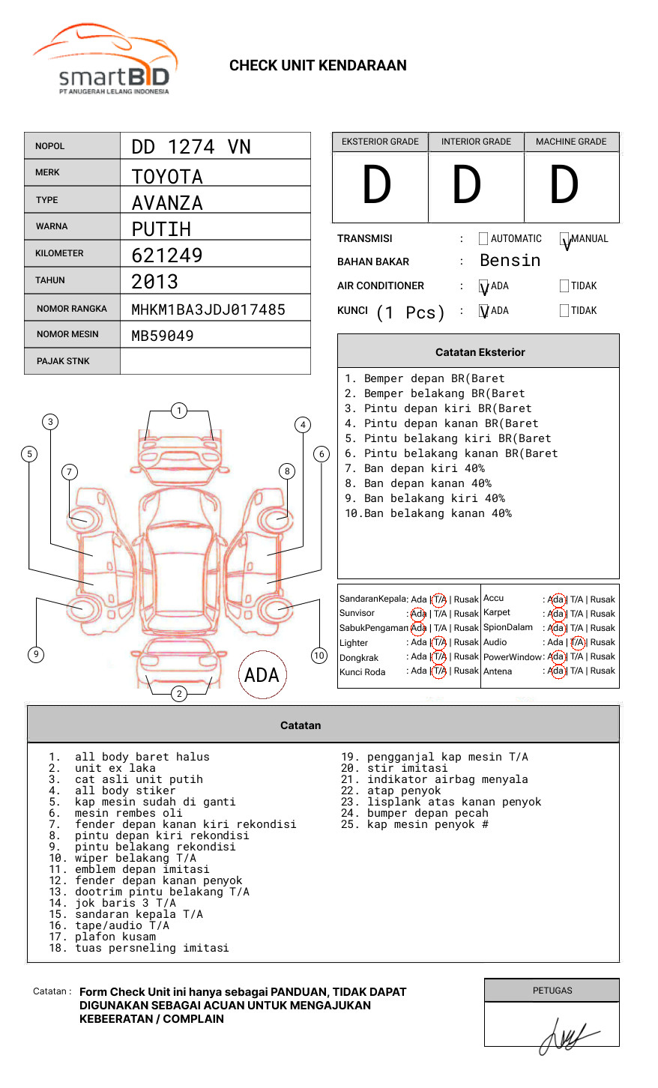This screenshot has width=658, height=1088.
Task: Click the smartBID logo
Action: pyautogui.click(x=105, y=60)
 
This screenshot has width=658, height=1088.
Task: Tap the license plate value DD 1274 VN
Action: pyautogui.click(x=191, y=147)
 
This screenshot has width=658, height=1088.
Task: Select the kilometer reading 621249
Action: pyautogui.click(x=167, y=256)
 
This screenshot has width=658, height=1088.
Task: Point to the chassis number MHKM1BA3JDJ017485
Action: pyautogui.click(x=208, y=309)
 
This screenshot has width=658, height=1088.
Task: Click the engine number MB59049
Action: pyautogui.click(x=163, y=336)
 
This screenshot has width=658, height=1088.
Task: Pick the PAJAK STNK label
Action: pyautogui.click(x=63, y=361)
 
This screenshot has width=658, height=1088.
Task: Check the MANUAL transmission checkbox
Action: pyautogui.click(x=564, y=239)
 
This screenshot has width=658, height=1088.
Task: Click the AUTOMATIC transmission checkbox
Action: pyautogui.click(x=483, y=239)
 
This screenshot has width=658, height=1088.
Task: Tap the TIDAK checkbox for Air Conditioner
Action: pyautogui.click(x=564, y=286)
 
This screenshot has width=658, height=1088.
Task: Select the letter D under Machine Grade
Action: pyautogui.click(x=564, y=186)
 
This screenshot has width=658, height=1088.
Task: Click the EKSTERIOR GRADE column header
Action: pyautogui.click(x=380, y=142)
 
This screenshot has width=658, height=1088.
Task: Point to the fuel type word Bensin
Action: pyautogui.click(x=510, y=261)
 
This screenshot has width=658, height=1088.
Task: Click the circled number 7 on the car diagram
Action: pyautogui.click(x=70, y=471)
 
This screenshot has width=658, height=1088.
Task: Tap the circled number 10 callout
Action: pyautogui.click(x=319, y=656)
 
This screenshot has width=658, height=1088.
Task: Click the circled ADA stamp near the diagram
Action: pyautogui.click(x=262, y=674)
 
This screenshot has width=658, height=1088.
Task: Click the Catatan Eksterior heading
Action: pyautogui.click(x=480, y=352)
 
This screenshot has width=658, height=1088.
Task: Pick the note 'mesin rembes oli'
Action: pyautogui.click(x=128, y=813)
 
